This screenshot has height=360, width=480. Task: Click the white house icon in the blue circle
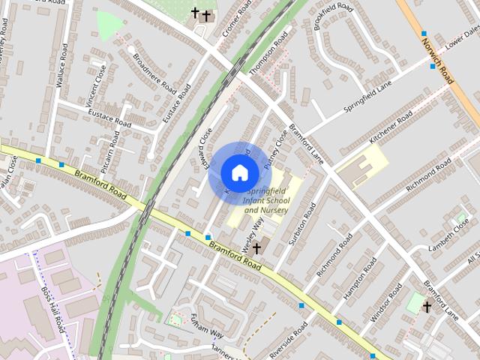coord(239,172)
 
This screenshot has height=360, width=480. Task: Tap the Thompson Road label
coord(269,55)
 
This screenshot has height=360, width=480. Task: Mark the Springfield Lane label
coord(368,97)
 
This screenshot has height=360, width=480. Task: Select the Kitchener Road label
coord(391,129)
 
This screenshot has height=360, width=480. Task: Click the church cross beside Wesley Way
coord(256,247)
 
